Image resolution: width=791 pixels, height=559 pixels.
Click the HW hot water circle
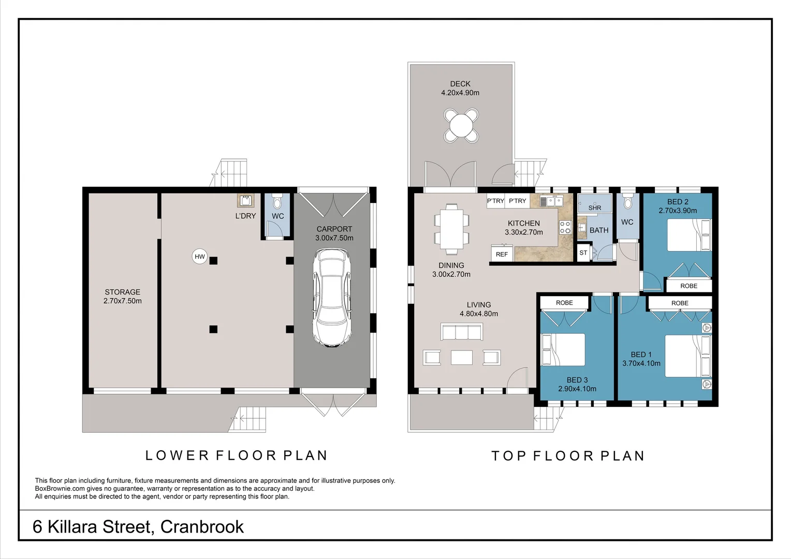tap(199, 256)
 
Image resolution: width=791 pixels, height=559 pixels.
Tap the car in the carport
tap(332, 298)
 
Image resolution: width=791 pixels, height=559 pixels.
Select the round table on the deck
tap(461, 125)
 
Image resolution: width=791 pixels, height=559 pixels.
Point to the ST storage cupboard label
tap(583, 253)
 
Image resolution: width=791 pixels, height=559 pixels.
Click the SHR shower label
tap(595, 208)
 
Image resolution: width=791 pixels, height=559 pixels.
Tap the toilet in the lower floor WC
tap(277, 201)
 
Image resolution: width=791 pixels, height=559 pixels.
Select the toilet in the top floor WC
tap(627, 201)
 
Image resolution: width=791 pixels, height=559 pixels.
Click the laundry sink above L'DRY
tap(245, 201)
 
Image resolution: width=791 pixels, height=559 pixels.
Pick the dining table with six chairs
tap(451, 229)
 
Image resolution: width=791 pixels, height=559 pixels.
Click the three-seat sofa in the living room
tap(462, 332)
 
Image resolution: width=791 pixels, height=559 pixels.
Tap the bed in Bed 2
tap(689, 235)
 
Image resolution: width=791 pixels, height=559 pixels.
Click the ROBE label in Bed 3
tap(564, 303)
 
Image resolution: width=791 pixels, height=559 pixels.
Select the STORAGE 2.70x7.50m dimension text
tap(123, 301)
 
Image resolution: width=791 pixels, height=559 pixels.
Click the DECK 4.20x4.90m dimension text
tap(460, 93)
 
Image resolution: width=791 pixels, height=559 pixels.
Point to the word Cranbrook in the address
tap(202, 527)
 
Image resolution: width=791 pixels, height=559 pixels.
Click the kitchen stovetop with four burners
tap(565, 227)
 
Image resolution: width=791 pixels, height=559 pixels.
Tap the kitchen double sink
tap(552, 201)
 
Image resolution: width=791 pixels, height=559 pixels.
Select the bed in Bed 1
tap(688, 356)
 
